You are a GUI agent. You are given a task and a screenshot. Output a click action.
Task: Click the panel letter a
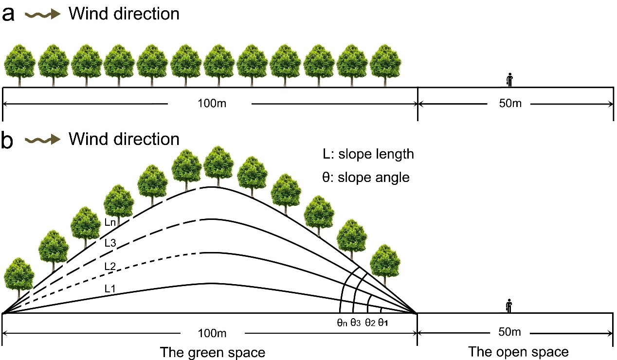[9, 14]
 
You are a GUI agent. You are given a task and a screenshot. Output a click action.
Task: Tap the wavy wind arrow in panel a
[42, 15]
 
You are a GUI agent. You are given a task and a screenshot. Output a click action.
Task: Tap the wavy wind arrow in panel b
[42, 140]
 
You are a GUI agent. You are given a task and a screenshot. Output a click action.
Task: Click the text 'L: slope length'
[368, 155]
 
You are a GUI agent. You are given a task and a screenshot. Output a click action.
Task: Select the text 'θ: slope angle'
[365, 177]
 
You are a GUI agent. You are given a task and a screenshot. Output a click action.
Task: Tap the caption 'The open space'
[518, 351]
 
